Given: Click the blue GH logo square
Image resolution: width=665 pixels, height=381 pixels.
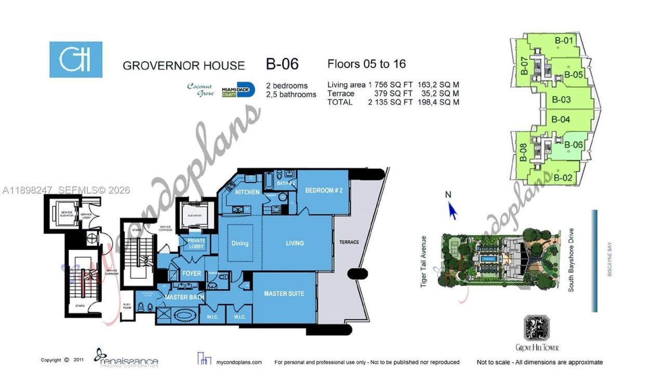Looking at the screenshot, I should (x=76, y=60).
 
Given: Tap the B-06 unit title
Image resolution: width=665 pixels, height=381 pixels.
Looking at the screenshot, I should (x=282, y=64).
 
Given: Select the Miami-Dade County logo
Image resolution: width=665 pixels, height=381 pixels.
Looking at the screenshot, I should (x=238, y=90).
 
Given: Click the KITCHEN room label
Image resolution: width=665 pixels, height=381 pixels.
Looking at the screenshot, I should (x=247, y=192).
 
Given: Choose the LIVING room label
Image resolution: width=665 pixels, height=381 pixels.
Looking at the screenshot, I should (x=295, y=243).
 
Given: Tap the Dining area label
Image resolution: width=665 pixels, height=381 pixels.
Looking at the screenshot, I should (x=240, y=243).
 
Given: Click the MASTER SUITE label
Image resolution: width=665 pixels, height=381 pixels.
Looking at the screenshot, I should (x=284, y=294).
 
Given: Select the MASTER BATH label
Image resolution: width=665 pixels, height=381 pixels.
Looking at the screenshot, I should (x=184, y=297).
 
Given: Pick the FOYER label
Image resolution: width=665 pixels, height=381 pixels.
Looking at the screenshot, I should (x=192, y=274).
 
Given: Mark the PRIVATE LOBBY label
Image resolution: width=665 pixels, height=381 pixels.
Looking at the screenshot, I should (x=196, y=243).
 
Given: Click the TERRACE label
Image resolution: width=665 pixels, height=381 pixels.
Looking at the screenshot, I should (x=349, y=242).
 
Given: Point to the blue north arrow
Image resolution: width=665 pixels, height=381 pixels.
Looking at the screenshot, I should (x=452, y=210).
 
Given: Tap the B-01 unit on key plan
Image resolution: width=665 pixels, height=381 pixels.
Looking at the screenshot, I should (x=564, y=40).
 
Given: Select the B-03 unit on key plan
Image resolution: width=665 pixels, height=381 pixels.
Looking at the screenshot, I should (x=561, y=100).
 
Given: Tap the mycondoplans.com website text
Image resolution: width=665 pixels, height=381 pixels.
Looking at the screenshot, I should (x=239, y=362).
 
